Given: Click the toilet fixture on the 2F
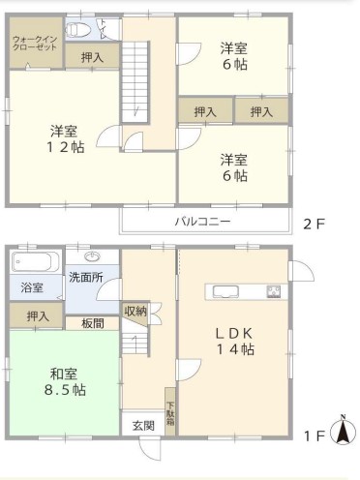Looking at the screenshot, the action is click(76, 30).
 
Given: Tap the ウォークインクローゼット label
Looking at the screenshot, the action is click(35, 44).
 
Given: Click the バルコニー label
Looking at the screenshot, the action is click(202, 222).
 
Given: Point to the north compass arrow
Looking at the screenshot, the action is click(344, 429).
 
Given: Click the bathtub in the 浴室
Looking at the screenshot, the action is click(35, 262).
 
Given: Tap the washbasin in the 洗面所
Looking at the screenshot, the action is click(93, 256).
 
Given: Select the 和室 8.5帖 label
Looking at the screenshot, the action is click(65, 382).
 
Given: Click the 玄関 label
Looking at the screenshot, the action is click(143, 426).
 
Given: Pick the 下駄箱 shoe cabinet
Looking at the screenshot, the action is click(169, 411).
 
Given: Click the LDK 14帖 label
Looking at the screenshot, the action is click(234, 342).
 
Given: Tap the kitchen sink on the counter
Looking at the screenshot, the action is click(225, 291).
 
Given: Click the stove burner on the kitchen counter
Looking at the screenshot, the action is click(273, 291).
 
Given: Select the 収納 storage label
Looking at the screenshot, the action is click(135, 311).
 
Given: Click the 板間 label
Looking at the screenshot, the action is click(92, 323).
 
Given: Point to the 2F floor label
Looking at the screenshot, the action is click(314, 224).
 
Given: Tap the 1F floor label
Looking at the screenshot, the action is click(315, 436).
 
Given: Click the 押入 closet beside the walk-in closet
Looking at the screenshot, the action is click(92, 56).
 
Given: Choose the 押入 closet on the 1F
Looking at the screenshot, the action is click(36, 315).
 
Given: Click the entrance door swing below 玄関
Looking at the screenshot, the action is click(150, 449).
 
